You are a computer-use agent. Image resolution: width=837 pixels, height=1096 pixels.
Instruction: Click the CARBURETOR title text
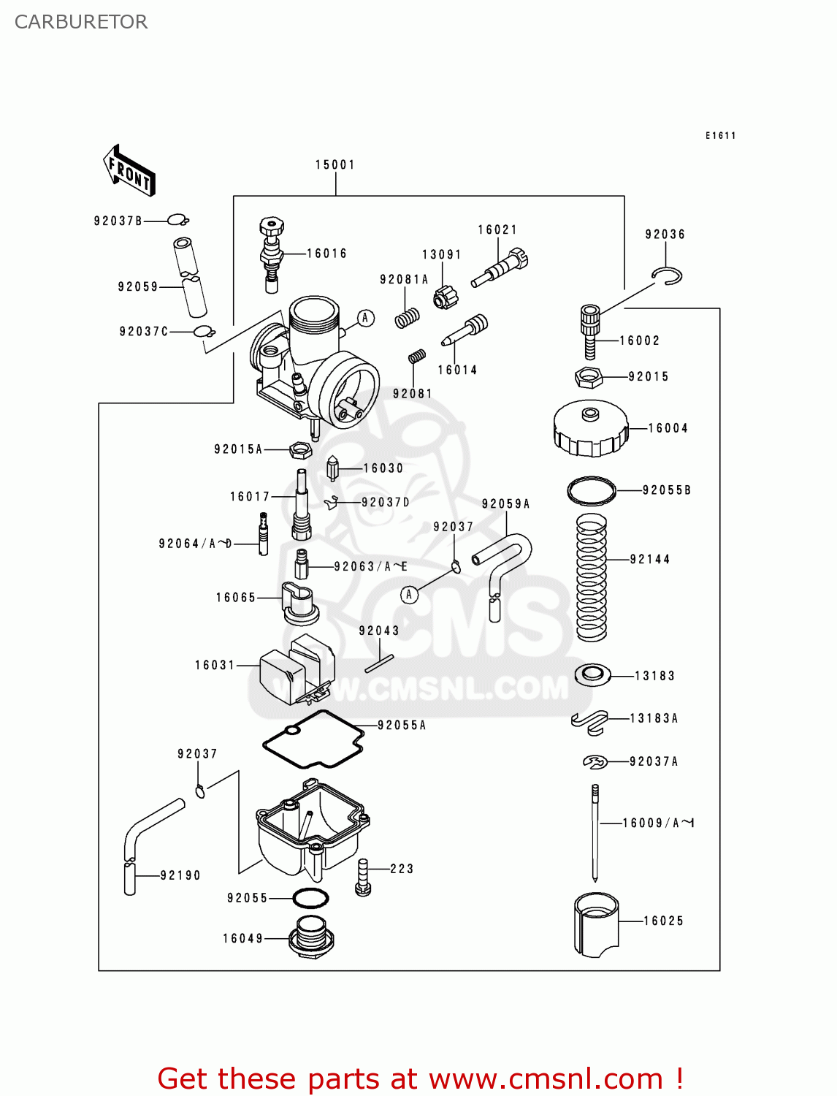point(81,22)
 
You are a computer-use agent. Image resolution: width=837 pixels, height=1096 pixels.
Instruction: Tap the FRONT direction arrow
point(129,171)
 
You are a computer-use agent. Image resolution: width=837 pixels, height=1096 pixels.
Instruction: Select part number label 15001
point(335,165)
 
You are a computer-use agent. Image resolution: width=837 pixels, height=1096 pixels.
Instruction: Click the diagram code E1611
point(720,136)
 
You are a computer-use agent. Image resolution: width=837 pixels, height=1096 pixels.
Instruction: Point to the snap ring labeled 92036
point(668,276)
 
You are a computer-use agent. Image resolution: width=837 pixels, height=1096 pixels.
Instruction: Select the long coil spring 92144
point(592,577)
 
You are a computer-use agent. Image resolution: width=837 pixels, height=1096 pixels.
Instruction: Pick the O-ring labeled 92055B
point(592,490)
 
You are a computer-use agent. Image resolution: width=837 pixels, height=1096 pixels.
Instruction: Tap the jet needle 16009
point(595,833)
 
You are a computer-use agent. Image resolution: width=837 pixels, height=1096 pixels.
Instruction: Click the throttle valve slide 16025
point(596,924)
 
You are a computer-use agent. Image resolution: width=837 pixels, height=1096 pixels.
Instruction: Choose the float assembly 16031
point(296,669)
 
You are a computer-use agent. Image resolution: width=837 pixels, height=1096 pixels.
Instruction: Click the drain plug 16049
point(311,937)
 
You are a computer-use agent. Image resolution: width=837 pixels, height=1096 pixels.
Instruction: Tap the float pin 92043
point(379,663)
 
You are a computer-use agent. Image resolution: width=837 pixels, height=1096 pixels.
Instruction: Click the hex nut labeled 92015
point(588,378)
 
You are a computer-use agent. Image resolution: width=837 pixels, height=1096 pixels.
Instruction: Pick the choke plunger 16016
point(272,254)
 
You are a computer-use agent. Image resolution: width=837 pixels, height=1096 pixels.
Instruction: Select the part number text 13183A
point(654,719)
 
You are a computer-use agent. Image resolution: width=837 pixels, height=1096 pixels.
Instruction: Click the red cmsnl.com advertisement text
point(420,1078)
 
